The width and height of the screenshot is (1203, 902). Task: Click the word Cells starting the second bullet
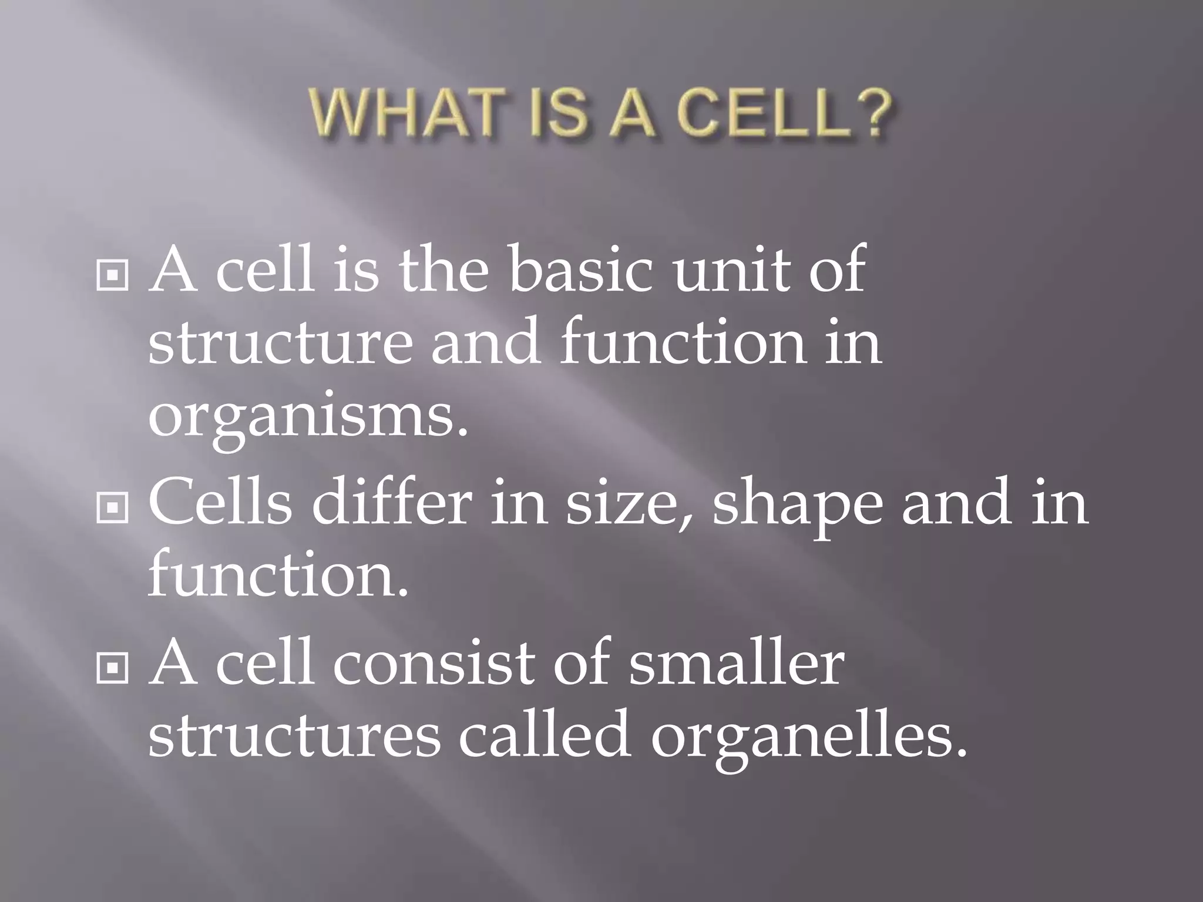221,503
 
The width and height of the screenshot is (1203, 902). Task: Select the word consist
435,664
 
